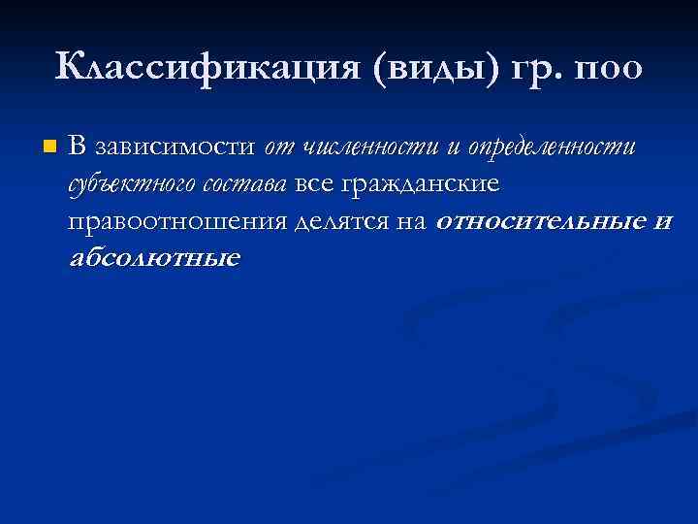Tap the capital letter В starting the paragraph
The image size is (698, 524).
click(79, 147)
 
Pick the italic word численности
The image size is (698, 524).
click(369, 147)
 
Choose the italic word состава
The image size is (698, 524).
click(252, 185)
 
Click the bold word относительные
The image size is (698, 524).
click(539, 222)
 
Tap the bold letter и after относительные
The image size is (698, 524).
click(662, 223)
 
